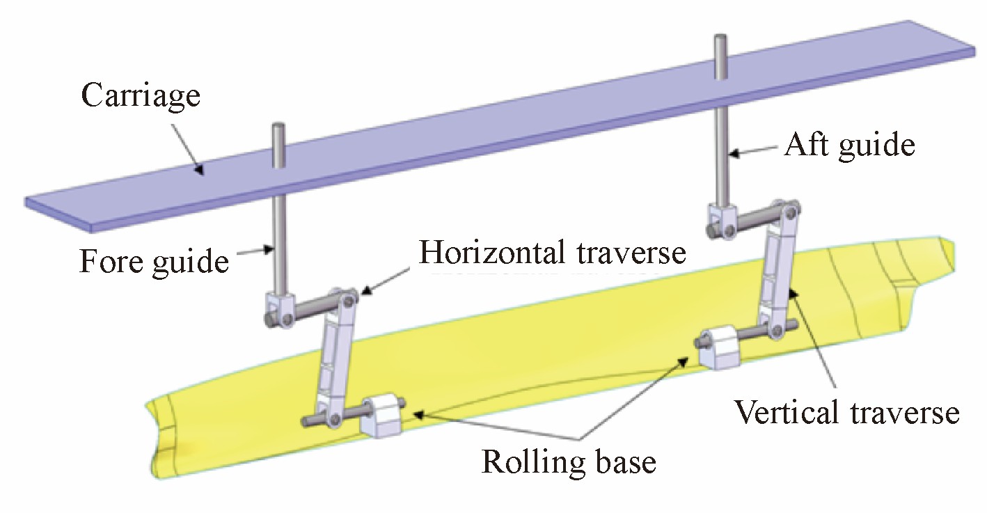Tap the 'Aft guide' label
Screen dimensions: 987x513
pos(850,146)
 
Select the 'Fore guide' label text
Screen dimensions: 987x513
pos(154,262)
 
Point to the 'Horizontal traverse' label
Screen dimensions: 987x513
pos(552,252)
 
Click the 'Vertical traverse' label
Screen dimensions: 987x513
pos(846,413)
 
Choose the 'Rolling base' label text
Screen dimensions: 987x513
pos(569,462)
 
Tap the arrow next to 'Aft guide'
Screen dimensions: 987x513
pos(752,151)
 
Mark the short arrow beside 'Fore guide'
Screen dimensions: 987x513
pos(255,251)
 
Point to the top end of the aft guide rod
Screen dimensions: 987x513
pos(720,37)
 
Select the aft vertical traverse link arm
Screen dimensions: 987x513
pos(779,269)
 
